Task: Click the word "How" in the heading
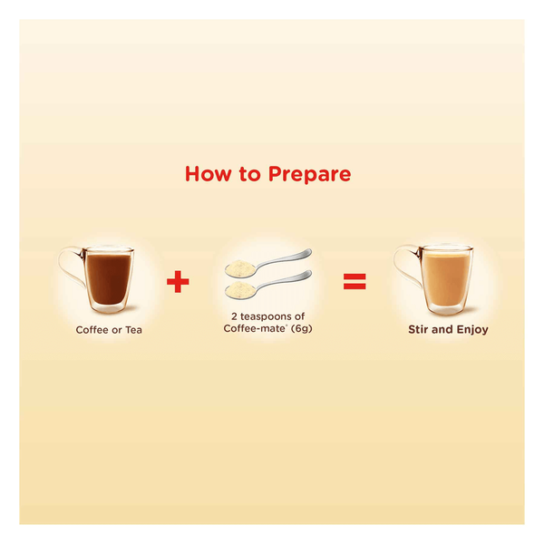point(208,174)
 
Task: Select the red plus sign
point(178,281)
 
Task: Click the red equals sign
point(355,281)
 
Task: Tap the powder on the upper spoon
point(239,266)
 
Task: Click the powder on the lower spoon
point(239,288)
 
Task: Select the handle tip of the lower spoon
point(309,274)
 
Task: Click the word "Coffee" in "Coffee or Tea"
point(92,330)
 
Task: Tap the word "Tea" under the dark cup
point(133,330)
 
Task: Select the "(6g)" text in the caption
point(302,328)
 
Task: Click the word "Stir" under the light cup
point(417,329)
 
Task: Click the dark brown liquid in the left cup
point(108,278)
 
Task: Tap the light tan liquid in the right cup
point(446,278)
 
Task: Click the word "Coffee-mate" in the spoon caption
point(254,328)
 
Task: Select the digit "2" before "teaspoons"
point(234,316)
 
